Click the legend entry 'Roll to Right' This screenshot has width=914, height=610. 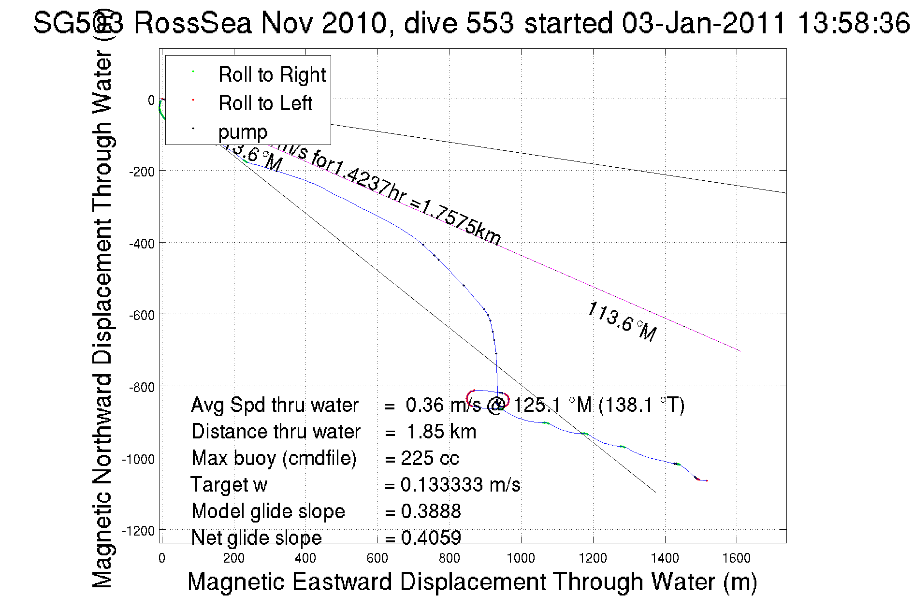272,75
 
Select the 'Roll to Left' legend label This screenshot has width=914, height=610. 265,103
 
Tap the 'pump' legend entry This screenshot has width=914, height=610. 243,132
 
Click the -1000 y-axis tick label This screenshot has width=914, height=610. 138,459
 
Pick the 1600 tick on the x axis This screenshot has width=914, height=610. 736,559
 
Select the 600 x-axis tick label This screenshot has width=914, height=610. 377,559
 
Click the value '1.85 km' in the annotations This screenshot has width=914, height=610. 441,432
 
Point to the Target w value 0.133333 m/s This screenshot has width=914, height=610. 460,485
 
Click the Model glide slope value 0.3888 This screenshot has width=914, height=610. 431,511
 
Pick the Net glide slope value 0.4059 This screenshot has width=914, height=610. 431,537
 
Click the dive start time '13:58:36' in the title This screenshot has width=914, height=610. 853,23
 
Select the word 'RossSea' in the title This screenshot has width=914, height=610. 192,23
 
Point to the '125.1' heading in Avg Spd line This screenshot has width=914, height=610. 537,405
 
